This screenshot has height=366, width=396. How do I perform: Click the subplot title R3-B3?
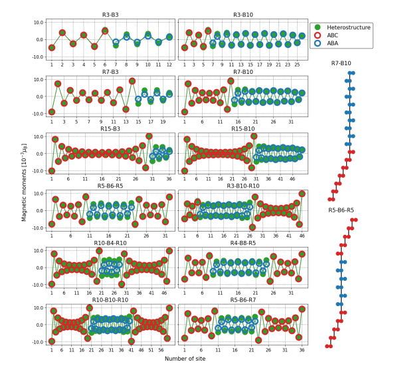coord(110,14)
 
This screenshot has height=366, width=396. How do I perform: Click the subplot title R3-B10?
coord(243,14)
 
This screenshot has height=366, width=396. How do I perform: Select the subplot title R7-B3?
coord(110,71)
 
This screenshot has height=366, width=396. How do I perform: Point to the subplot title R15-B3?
coord(110,128)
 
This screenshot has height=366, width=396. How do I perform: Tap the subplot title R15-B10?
coord(243,128)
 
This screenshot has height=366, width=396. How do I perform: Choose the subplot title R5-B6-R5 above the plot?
coord(110,186)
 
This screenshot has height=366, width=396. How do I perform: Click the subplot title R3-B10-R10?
coord(243,186)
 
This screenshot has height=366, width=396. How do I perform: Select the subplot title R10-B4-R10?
coord(110,243)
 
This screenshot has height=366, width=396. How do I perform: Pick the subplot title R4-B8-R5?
coord(243,243)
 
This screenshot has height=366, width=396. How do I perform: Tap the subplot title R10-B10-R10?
coord(110,300)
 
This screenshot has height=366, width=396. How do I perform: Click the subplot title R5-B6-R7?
coord(243,300)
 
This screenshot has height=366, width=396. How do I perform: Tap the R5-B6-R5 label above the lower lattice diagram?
coord(341,210)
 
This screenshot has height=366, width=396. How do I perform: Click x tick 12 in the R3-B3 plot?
coord(169,65)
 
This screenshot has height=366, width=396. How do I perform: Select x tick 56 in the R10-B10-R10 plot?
coord(161,349)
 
